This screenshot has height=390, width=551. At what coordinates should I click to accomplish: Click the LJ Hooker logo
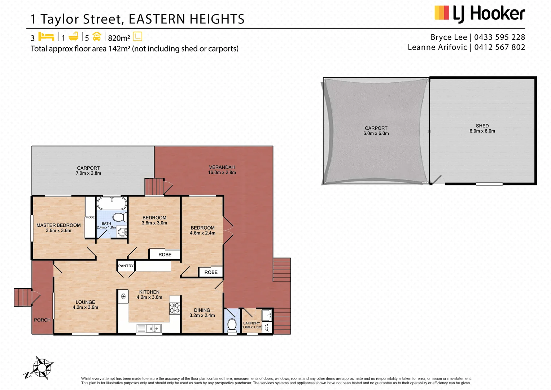pyautogui.click(x=480, y=14)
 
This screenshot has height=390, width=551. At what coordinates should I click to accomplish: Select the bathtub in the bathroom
pyautogui.click(x=112, y=203)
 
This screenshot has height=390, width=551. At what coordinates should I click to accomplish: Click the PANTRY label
pyautogui.click(x=126, y=266)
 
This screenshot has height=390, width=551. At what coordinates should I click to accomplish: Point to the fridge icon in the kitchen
pyautogui.click(x=123, y=296)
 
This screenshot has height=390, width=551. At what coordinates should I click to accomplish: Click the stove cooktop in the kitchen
pyautogui.click(x=175, y=308)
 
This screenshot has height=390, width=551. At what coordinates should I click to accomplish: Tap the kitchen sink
pyautogui.click(x=153, y=328)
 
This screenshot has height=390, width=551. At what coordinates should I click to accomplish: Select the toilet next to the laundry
pyautogui.click(x=232, y=324)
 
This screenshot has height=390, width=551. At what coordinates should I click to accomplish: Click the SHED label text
pyautogui.click(x=482, y=126)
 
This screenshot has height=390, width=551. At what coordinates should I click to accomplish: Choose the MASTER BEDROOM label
pyautogui.click(x=58, y=225)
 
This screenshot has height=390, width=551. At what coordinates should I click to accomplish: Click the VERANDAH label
pyautogui.click(x=222, y=167)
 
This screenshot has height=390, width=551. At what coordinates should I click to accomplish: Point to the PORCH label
pyautogui.click(x=42, y=320)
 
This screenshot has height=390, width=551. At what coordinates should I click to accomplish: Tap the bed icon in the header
pyautogui.click(x=46, y=37)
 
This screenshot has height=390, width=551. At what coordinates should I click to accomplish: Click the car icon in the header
pyautogui.click(x=97, y=37)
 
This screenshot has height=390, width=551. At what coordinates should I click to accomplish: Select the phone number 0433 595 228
pyautogui.click(x=499, y=37)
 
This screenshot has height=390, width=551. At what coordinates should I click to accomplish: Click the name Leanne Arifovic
pyautogui.click(x=437, y=47)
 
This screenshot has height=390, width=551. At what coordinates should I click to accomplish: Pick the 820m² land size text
pyautogui.click(x=119, y=38)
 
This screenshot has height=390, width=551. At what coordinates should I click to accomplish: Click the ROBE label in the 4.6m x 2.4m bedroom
pyautogui.click(x=211, y=272)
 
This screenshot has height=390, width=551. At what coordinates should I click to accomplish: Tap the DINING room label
pyautogui.click(x=202, y=310)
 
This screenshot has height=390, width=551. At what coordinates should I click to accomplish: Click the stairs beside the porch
pyautogui.click(x=23, y=297)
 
